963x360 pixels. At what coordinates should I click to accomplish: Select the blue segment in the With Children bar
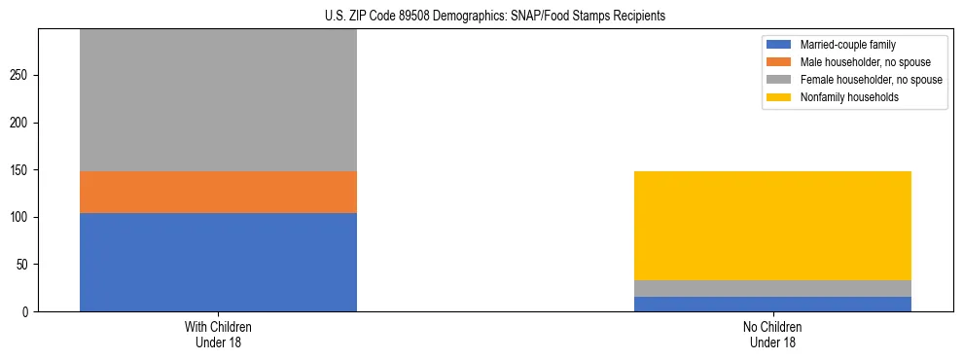(x=218, y=262)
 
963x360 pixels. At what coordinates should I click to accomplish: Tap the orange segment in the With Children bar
(x=218, y=192)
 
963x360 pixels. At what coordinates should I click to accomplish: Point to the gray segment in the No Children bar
(x=772, y=288)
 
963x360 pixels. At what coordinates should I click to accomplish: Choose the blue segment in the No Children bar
(x=772, y=304)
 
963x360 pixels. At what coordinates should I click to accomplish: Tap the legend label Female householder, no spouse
(x=871, y=80)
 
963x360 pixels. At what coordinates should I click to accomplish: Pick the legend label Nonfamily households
(x=849, y=97)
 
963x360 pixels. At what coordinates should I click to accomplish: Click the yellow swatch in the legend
(x=780, y=97)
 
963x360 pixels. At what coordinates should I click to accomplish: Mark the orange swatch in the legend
(x=780, y=62)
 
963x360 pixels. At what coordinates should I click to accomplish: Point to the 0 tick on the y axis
(x=28, y=311)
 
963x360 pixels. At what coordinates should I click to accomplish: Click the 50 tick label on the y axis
(x=25, y=265)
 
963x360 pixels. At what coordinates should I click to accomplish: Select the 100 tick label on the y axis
(x=22, y=217)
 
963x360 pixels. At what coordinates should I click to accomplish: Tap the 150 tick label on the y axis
(x=22, y=170)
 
